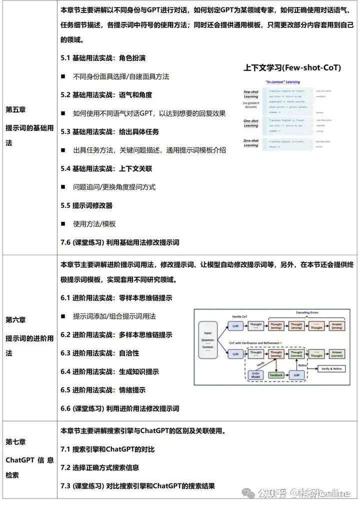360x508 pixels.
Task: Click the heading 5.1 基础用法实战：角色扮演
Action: coord(103,58)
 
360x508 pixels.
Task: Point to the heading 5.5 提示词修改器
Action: coord(86,205)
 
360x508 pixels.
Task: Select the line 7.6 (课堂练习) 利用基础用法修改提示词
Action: coord(120,242)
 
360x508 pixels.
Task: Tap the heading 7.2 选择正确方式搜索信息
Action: coord(100,468)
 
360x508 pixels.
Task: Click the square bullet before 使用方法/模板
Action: coord(63,224)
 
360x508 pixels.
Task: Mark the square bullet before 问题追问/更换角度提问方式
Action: coord(63,187)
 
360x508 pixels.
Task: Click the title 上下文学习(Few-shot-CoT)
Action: coord(292,67)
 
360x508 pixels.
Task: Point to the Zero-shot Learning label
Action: coord(251,143)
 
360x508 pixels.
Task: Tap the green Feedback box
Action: coord(276,374)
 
